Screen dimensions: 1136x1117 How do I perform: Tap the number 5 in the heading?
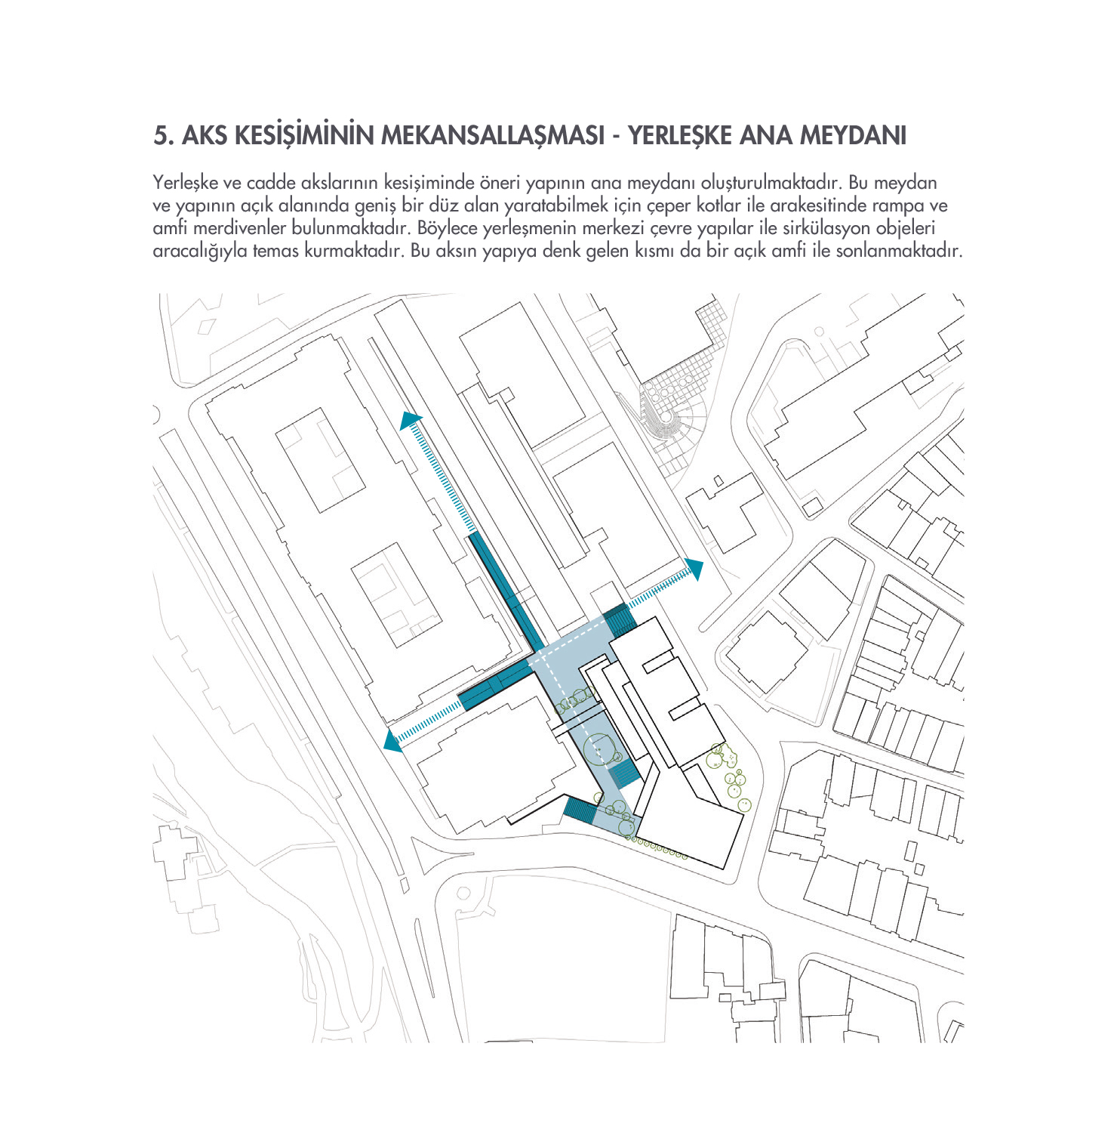tap(159, 136)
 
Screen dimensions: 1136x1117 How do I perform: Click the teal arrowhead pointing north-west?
tap(410, 421)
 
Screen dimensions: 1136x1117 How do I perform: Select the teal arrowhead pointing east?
tap(695, 568)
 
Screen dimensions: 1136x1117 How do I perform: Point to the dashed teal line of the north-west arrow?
tap(442, 476)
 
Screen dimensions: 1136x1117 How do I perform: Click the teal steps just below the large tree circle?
tap(625, 774)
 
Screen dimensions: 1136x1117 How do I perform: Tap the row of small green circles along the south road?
tap(660, 848)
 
